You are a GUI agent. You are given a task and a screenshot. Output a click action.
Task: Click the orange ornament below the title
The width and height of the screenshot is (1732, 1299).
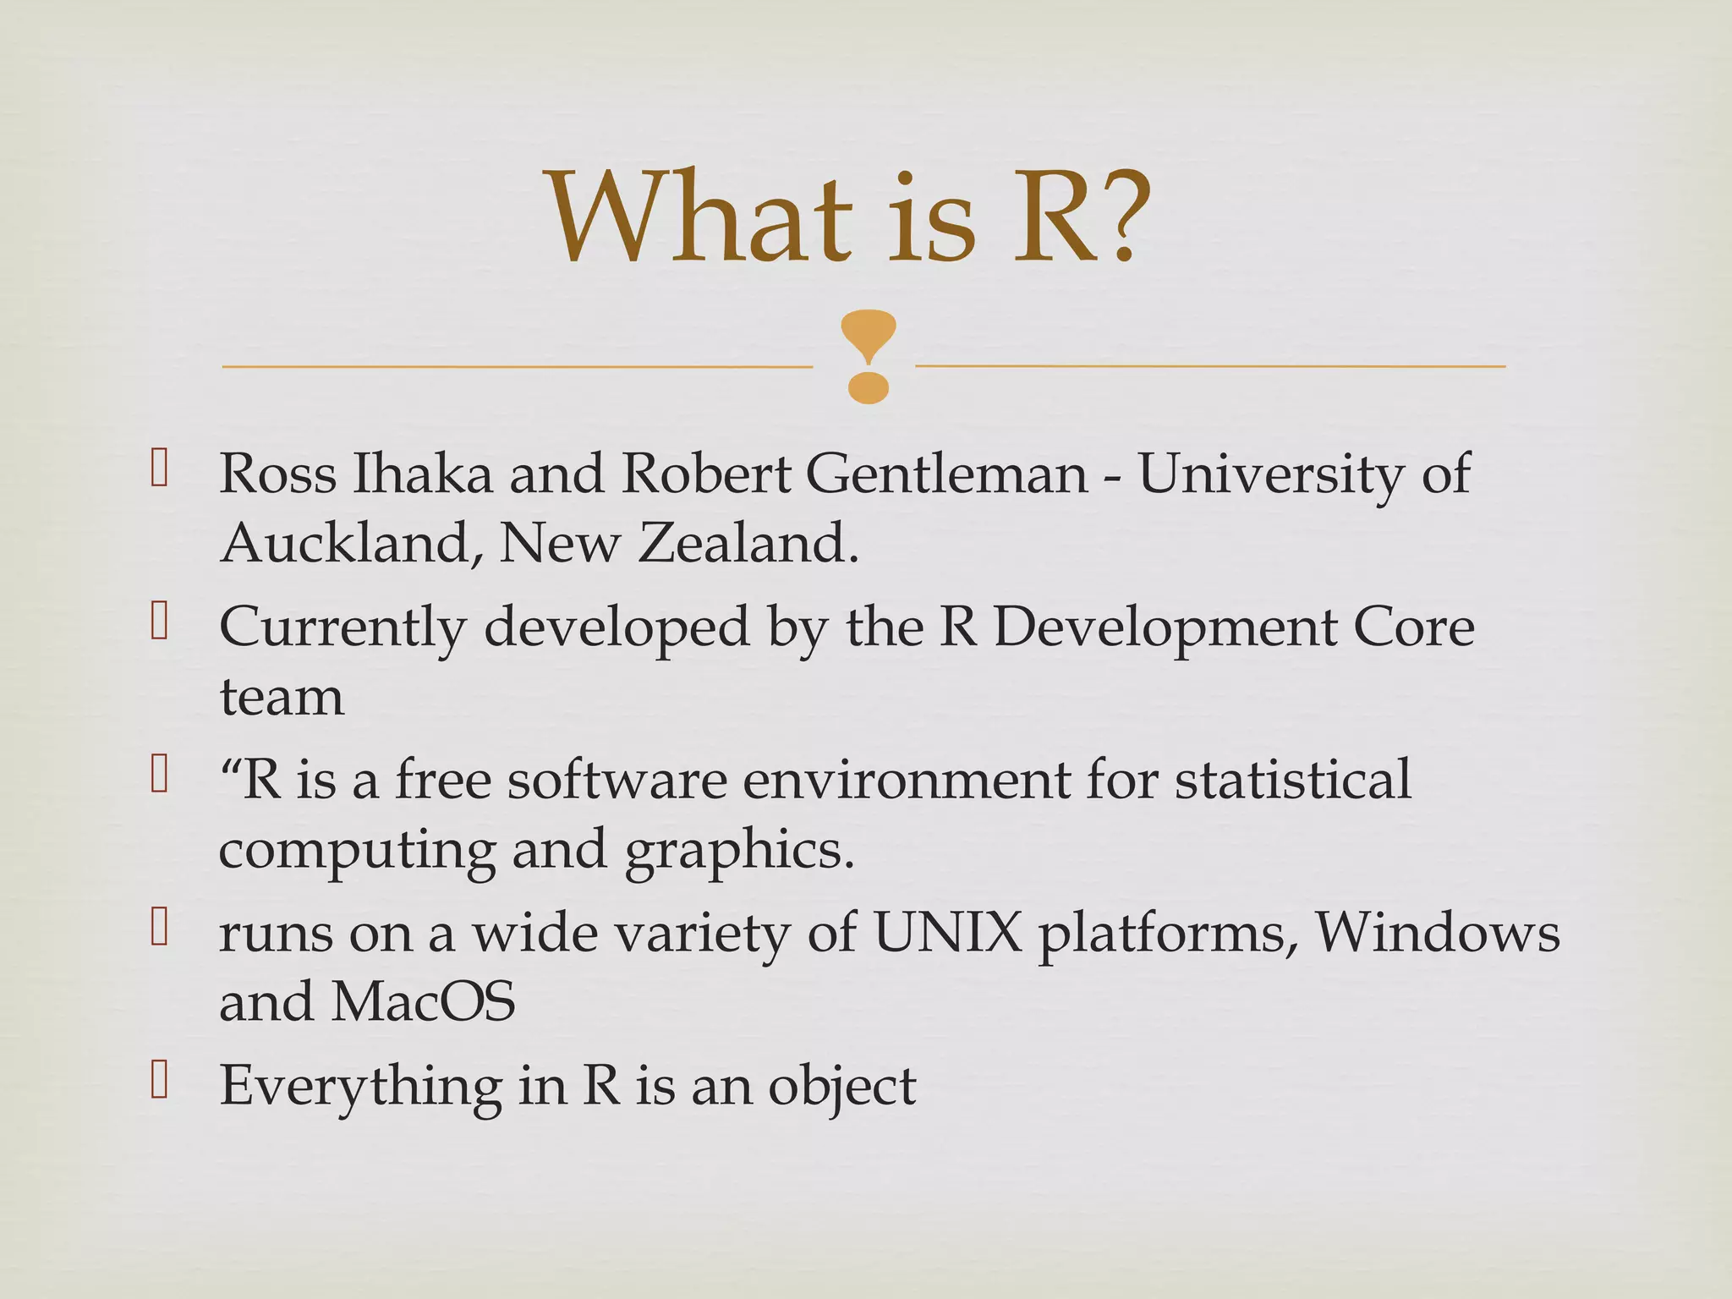(868, 356)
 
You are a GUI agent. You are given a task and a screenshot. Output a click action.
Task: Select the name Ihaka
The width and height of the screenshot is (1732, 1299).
(422, 474)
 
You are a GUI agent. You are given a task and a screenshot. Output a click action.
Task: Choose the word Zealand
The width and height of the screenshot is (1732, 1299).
(748, 542)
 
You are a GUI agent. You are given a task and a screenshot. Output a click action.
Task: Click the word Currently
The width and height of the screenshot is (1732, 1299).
(343, 628)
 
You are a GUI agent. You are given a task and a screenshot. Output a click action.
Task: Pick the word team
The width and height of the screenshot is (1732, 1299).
(282, 698)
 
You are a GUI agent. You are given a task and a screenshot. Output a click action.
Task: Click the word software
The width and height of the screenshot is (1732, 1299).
(617, 780)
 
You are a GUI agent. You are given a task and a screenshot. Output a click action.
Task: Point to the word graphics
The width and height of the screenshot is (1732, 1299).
(739, 851)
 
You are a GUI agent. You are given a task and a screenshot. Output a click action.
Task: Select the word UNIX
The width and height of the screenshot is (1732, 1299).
(947, 933)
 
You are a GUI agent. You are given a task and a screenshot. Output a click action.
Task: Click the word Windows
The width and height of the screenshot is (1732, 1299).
(1437, 933)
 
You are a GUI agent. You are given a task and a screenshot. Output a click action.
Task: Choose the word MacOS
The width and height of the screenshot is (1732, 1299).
(423, 1002)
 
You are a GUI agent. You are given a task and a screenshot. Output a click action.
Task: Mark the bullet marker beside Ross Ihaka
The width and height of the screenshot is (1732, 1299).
(159, 469)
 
